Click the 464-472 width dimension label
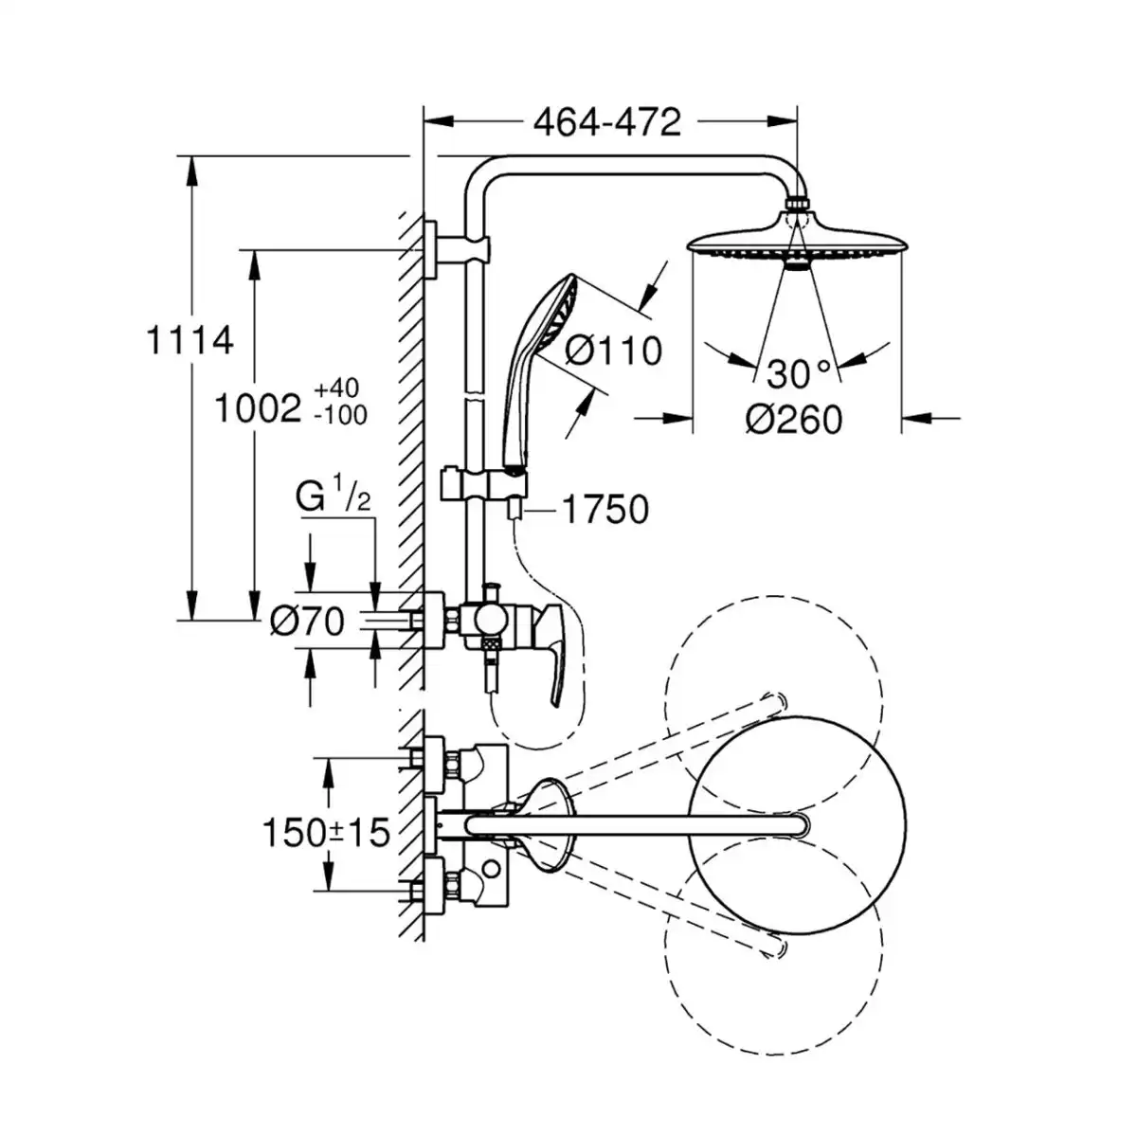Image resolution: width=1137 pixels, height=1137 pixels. tap(607, 123)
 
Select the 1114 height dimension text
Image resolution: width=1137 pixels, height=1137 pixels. tap(189, 340)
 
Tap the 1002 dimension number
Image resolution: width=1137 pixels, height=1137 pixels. tap(258, 407)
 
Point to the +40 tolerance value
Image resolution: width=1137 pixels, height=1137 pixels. tap(336, 388)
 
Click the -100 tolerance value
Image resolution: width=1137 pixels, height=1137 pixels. tap(340, 415)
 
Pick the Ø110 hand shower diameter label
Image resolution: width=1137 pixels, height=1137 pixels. tap(614, 352)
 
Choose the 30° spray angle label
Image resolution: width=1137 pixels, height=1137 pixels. tap(799, 373)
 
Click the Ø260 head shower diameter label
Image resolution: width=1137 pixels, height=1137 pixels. tap(794, 420)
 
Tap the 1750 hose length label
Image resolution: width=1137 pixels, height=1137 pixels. tap(605, 509)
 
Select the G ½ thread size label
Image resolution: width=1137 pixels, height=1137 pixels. tap(334, 495)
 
